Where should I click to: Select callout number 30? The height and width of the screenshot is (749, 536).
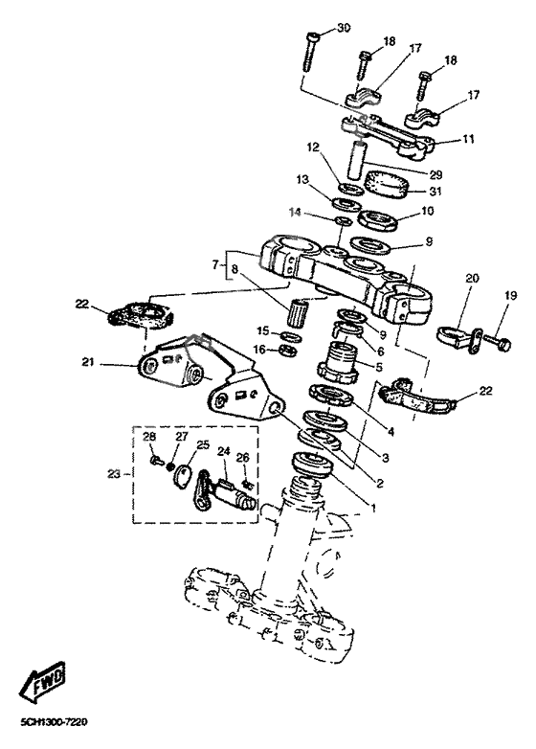point(344,31)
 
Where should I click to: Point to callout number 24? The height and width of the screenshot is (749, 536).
point(224,451)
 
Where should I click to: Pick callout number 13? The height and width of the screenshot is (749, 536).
point(302,179)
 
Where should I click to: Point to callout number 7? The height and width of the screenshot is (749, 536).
point(215,261)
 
